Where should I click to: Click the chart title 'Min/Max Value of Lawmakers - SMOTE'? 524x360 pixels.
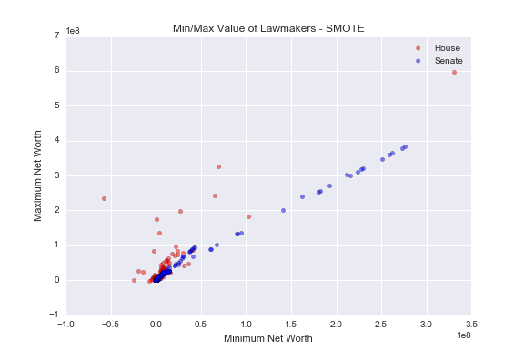[x=268, y=28]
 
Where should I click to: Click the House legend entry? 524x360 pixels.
[x=447, y=46]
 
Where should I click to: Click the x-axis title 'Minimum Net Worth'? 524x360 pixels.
[x=268, y=339]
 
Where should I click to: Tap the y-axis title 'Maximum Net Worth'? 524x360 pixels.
[x=38, y=175]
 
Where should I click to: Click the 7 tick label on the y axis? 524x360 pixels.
[x=57, y=35]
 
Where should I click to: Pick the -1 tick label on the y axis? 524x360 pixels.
[x=55, y=315]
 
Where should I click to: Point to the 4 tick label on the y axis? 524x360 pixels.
[x=57, y=140]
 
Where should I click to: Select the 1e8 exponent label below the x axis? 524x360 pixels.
[x=464, y=335]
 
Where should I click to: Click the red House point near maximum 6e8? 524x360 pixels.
[x=454, y=72]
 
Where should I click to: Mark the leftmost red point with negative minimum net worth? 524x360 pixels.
[x=104, y=198]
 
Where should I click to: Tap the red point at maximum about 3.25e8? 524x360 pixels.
[x=218, y=166]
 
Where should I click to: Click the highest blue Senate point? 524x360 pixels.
[x=405, y=146]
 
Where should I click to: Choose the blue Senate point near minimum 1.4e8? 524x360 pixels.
[x=283, y=210]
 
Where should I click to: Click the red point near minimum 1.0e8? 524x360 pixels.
[x=248, y=216]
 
